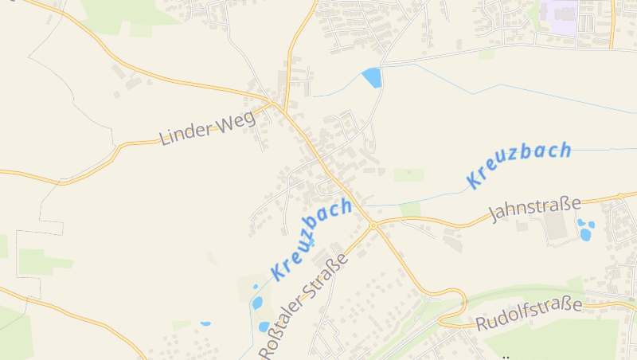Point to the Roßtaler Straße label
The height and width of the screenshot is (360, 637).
(x=305, y=307)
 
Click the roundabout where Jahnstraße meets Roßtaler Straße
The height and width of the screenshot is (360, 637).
(x=373, y=226)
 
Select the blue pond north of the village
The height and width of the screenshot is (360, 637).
(x=372, y=77)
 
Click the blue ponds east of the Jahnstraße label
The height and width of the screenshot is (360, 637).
(x=584, y=230)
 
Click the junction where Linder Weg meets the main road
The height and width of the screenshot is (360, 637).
(x=275, y=104)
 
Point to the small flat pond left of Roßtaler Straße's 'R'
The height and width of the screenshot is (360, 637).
(x=205, y=323)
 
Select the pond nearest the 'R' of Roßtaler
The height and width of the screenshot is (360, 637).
(x=264, y=326)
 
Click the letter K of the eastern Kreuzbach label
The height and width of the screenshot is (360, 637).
(x=475, y=181)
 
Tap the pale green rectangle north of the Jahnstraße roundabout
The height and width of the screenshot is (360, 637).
(x=409, y=174)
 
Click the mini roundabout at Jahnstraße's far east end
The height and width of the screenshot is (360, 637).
(x=619, y=195)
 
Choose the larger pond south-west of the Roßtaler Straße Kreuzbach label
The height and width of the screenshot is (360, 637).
(x=257, y=303)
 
